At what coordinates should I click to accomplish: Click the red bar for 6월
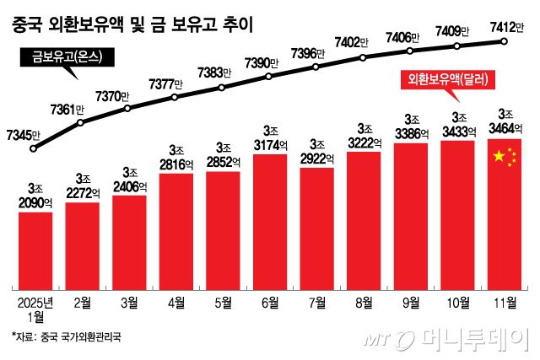(x=271, y=219)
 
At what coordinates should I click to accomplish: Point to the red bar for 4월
(x=177, y=228)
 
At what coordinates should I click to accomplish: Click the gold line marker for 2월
(x=81, y=123)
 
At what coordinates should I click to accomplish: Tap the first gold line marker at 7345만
(x=34, y=148)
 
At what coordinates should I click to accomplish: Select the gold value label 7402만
(x=356, y=40)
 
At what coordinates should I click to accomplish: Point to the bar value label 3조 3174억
(x=271, y=138)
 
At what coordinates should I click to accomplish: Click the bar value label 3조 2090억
(x=35, y=196)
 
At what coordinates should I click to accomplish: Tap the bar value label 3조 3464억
(x=506, y=121)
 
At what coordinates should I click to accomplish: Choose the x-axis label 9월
(x=412, y=298)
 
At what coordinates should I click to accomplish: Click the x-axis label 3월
(x=129, y=298)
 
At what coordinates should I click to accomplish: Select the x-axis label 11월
(x=506, y=298)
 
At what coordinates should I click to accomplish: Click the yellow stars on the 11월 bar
(x=504, y=158)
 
